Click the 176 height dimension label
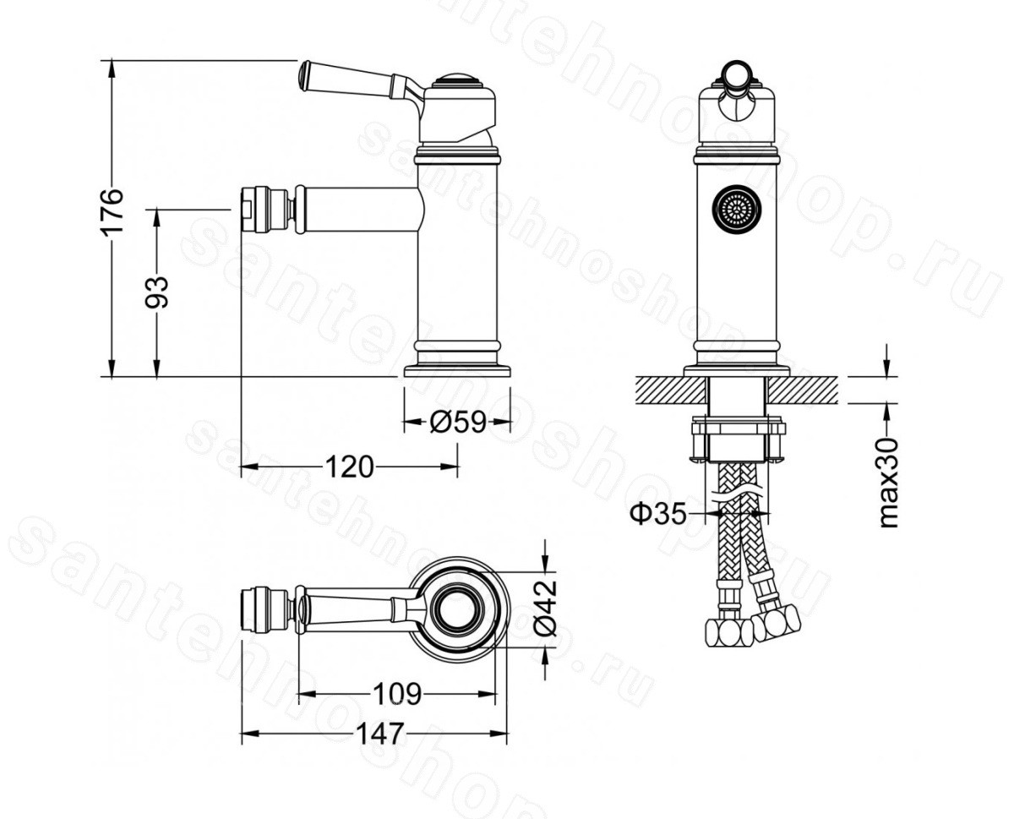pos(112,210)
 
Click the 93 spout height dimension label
pos(156,292)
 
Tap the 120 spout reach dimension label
pos(349,467)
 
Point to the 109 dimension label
pos(397,694)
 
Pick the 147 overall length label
pos(380,747)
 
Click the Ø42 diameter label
pos(546,608)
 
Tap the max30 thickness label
pos(888,483)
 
